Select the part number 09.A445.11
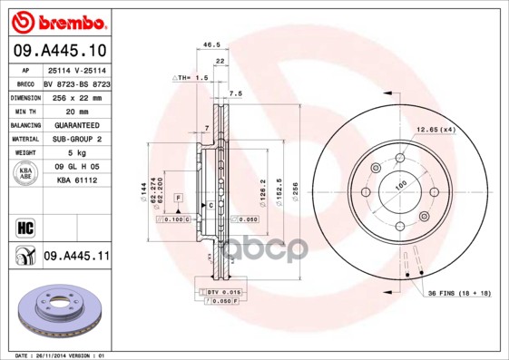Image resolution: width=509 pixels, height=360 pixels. (x=75, y=257)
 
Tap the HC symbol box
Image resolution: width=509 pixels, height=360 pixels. (x=24, y=226)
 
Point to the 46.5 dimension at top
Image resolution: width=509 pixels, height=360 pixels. (x=211, y=44)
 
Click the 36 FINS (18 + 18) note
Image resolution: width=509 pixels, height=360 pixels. (x=458, y=293)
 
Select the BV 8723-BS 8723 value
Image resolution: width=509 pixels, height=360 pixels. (x=77, y=82)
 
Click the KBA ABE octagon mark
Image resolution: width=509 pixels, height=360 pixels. (x=25, y=174)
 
